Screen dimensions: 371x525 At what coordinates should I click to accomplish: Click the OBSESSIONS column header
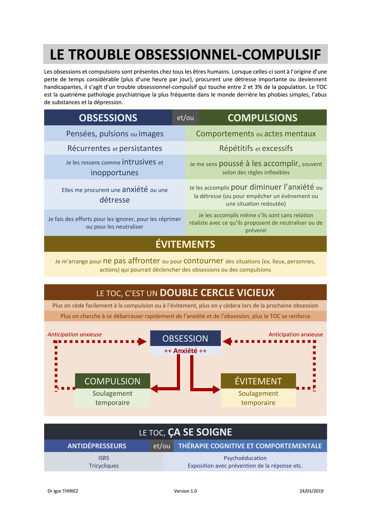(108, 117)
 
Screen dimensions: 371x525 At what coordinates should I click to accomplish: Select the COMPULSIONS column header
(262, 117)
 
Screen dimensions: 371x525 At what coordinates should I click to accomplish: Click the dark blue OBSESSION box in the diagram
(185, 338)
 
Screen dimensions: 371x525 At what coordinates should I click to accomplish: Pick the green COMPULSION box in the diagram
(112, 381)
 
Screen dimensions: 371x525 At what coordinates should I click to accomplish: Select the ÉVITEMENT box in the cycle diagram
(258, 381)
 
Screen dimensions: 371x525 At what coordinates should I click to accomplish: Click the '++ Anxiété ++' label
(185, 351)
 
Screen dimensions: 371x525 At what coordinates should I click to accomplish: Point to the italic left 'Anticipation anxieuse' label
(75, 334)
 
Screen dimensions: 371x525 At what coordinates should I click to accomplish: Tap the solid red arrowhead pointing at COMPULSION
(154, 388)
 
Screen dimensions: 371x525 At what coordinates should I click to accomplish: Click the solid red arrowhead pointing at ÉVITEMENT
(217, 389)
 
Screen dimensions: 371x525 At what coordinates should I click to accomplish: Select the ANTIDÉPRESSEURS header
(97, 446)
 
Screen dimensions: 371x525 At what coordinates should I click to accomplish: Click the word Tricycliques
(104, 466)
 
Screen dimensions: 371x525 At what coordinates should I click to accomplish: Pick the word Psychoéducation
(245, 458)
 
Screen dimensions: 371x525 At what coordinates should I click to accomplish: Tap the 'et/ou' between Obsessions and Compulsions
(185, 117)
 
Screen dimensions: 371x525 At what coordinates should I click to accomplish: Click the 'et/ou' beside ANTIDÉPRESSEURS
(162, 446)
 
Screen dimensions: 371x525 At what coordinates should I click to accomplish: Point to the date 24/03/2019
(311, 491)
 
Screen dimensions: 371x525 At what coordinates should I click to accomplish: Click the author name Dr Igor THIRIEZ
(63, 491)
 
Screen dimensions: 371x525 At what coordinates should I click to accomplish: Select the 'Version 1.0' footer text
(185, 491)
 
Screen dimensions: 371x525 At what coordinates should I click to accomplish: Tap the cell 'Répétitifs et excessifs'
(256, 148)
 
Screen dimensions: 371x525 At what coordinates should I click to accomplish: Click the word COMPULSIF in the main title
(281, 55)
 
